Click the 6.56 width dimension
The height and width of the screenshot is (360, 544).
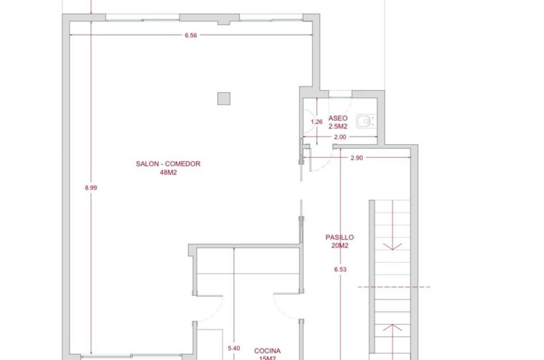191,35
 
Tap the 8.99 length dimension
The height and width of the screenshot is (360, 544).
91,188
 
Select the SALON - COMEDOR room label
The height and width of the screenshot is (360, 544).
168,164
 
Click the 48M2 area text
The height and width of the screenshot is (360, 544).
168,173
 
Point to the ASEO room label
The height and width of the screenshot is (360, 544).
337,118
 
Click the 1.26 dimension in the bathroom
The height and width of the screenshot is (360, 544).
317,122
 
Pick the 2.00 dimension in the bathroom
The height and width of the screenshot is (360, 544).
340,137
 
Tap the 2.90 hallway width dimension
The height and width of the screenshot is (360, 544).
357,158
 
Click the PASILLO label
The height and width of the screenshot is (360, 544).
340,237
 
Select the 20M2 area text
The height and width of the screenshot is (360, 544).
340,246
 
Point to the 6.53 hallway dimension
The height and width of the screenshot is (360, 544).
340,270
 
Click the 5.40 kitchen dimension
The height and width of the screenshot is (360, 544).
234,348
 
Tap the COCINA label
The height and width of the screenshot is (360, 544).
267,351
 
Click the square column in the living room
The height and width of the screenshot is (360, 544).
224,98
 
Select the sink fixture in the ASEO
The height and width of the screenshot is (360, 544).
366,121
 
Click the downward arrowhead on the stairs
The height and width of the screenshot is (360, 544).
393,247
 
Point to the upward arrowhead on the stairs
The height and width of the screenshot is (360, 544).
393,327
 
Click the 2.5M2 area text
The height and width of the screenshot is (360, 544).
337,127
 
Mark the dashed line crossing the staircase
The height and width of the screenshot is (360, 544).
394,287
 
